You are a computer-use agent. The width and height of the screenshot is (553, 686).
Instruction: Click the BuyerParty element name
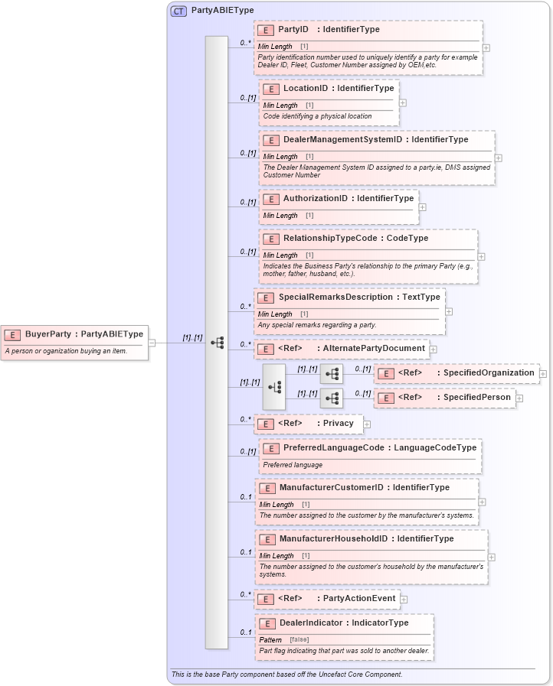tap(47, 333)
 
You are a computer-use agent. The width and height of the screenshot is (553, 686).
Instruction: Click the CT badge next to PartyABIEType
tap(178, 11)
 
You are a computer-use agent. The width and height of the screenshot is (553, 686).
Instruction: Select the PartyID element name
tap(293, 29)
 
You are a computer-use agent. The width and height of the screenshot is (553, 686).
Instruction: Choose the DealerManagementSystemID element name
tap(342, 140)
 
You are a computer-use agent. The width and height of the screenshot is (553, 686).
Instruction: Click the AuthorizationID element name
tap(316, 198)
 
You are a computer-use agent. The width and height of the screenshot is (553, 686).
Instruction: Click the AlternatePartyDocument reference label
tap(374, 348)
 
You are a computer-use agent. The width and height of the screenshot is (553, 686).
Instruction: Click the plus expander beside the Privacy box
tap(367, 424)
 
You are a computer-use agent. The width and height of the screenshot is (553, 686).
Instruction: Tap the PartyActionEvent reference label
tap(359, 598)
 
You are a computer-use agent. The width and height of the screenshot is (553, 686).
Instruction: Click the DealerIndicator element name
tap(311, 623)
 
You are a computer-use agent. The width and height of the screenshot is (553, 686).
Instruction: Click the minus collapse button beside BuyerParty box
tap(151, 343)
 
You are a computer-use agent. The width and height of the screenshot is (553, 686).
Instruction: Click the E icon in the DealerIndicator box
tap(267, 623)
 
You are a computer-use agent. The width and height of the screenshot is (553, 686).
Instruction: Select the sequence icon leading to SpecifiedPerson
tap(332, 398)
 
